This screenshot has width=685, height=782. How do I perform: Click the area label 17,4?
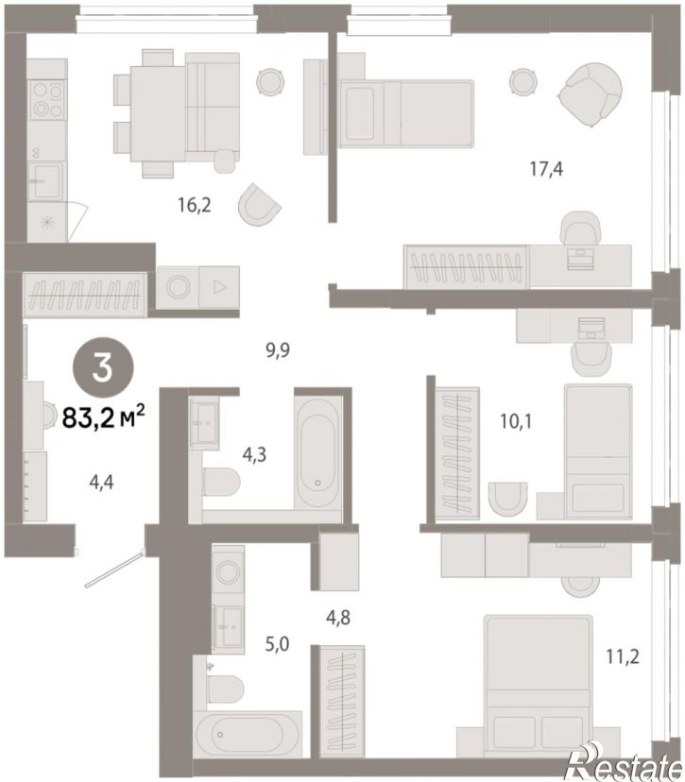pyautogui.click(x=546, y=170)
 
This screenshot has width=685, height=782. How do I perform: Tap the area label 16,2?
pyautogui.click(x=194, y=205)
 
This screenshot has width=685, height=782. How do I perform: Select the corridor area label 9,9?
pyautogui.click(x=278, y=350)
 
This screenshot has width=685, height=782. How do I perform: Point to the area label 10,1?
pyautogui.click(x=516, y=422)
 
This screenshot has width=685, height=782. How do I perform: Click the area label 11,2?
pyautogui.click(x=623, y=656)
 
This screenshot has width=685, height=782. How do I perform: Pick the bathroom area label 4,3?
pyautogui.click(x=254, y=455)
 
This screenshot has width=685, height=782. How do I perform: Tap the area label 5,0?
pyautogui.click(x=277, y=644)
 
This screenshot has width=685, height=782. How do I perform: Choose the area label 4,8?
pyautogui.click(x=337, y=618)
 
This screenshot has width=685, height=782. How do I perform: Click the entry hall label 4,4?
pyautogui.click(x=101, y=483)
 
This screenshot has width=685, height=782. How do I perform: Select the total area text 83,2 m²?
pyautogui.click(x=103, y=417)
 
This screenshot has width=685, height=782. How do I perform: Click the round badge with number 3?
pyautogui.click(x=103, y=369)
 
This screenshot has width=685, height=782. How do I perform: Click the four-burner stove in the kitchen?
pyautogui.click(x=47, y=100)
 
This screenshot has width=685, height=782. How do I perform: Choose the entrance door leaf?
pyautogui.click(x=114, y=569)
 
